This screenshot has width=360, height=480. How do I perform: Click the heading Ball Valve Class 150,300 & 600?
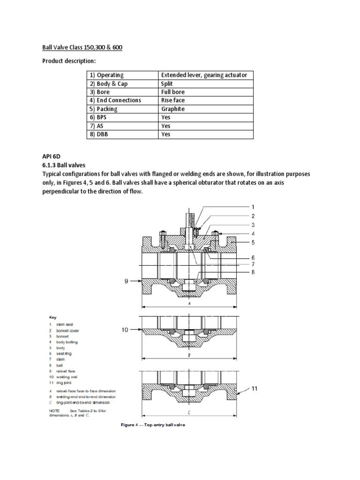(x=80, y=48)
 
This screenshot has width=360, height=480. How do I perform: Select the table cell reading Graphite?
(x=173, y=109)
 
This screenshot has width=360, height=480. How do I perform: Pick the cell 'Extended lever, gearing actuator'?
(x=204, y=75)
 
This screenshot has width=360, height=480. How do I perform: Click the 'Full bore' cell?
(x=173, y=92)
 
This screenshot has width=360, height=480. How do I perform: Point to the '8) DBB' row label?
(x=100, y=134)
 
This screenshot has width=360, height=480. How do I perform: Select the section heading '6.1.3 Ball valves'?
(x=67, y=165)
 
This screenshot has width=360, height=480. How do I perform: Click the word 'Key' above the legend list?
(x=53, y=317)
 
